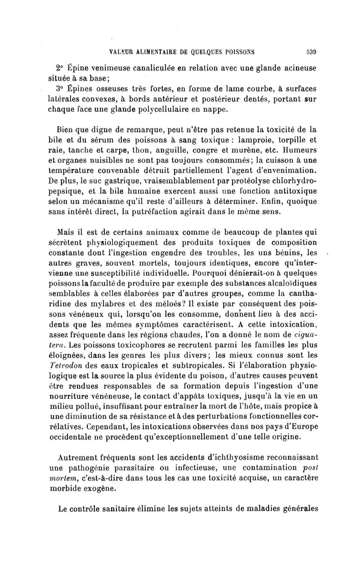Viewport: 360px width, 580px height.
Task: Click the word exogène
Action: tap(102, 489)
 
